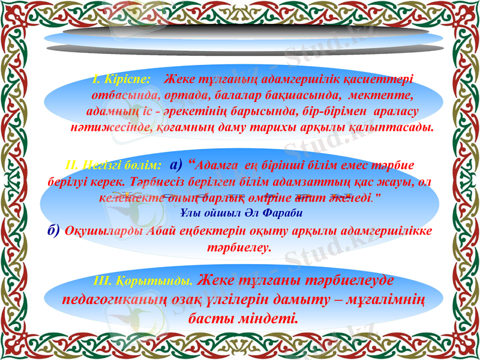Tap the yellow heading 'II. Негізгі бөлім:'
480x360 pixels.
coord(112,164)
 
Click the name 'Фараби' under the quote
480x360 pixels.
coord(284,212)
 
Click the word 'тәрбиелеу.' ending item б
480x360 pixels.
coord(239,247)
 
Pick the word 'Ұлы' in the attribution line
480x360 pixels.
coord(190,212)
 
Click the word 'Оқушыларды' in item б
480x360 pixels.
coord(104,231)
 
